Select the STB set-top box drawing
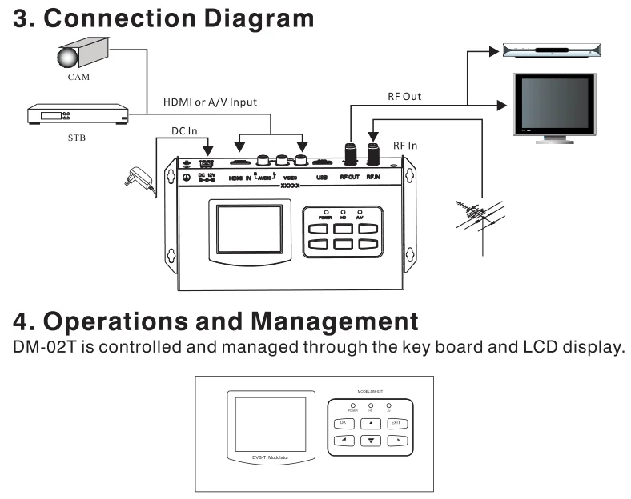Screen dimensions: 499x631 pos(78,114)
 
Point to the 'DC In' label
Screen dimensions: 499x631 pos(184,130)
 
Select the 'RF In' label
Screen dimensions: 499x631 pos(407,146)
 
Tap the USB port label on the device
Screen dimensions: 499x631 pos(322,178)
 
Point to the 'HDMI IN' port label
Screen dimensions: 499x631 pos(239,178)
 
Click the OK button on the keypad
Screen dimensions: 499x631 pos(343,423)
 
